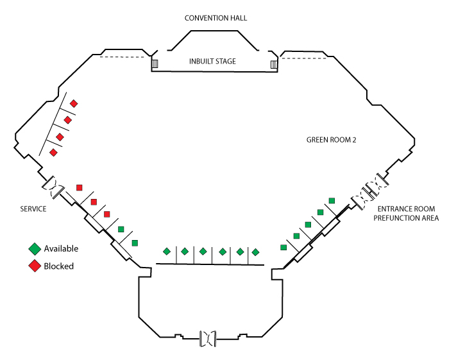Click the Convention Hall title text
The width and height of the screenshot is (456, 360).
tap(215, 18)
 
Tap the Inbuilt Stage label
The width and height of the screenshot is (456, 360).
tap(212, 62)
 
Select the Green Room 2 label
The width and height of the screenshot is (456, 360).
tap(331, 139)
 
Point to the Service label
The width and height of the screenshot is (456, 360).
tap(33, 209)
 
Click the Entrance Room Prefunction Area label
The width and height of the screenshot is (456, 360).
tap(407, 214)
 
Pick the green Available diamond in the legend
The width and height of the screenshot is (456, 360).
tap(35, 249)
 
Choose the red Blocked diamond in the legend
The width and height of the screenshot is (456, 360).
tap(35, 266)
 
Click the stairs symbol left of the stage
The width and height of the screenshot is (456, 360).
tap(154, 64)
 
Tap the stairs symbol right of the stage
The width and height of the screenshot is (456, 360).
tap(274, 64)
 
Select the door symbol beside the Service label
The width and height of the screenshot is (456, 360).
tap(54, 187)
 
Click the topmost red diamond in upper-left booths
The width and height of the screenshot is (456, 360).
tap(74, 103)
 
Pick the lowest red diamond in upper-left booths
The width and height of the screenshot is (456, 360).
tap(53, 152)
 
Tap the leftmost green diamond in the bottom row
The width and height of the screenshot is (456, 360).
tap(167, 251)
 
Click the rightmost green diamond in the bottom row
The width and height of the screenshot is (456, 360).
tap(255, 252)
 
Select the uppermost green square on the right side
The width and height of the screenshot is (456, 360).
tap(332, 201)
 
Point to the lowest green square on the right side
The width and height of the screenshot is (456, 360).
tap(283, 247)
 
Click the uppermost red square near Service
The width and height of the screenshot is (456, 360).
tap(79, 187)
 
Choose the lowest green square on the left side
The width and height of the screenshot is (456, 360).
tap(135, 243)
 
